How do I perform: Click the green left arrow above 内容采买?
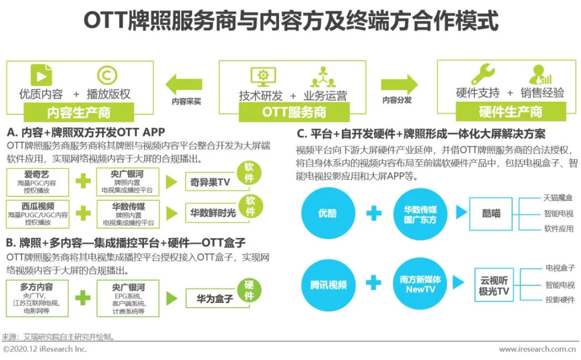coord(184,84)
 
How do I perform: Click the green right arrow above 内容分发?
coord(399,84)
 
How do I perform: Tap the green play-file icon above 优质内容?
coord(41,75)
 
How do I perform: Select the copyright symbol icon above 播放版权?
coord(108,75)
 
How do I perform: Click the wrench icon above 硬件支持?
coord(483,74)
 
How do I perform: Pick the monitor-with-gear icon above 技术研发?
coord(263,77)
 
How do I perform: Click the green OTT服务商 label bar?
coord(294,112)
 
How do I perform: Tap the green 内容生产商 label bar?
coord(79,112)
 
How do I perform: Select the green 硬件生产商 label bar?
coord(511,111)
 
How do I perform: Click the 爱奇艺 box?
coord(38,182)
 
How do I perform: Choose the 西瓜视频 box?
coord(38,214)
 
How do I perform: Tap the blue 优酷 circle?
coord(328,213)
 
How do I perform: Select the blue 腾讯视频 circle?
coord(328,284)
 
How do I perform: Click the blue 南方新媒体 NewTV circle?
coord(420,284)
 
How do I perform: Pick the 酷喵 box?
coord(491,214)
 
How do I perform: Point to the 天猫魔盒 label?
coord(558,198)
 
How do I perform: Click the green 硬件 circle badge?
coord(249,290)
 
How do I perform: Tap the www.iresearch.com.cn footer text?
coord(537,349)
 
